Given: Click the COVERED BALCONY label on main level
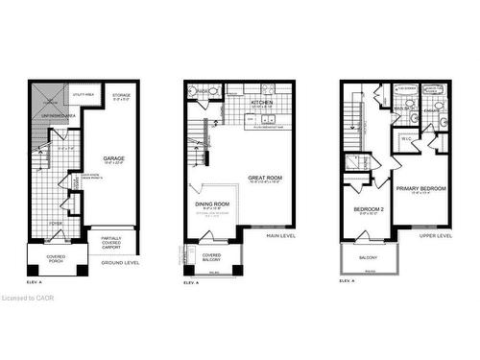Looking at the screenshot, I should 211,256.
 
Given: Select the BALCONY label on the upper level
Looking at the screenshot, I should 368,257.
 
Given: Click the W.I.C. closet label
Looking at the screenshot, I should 406,140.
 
